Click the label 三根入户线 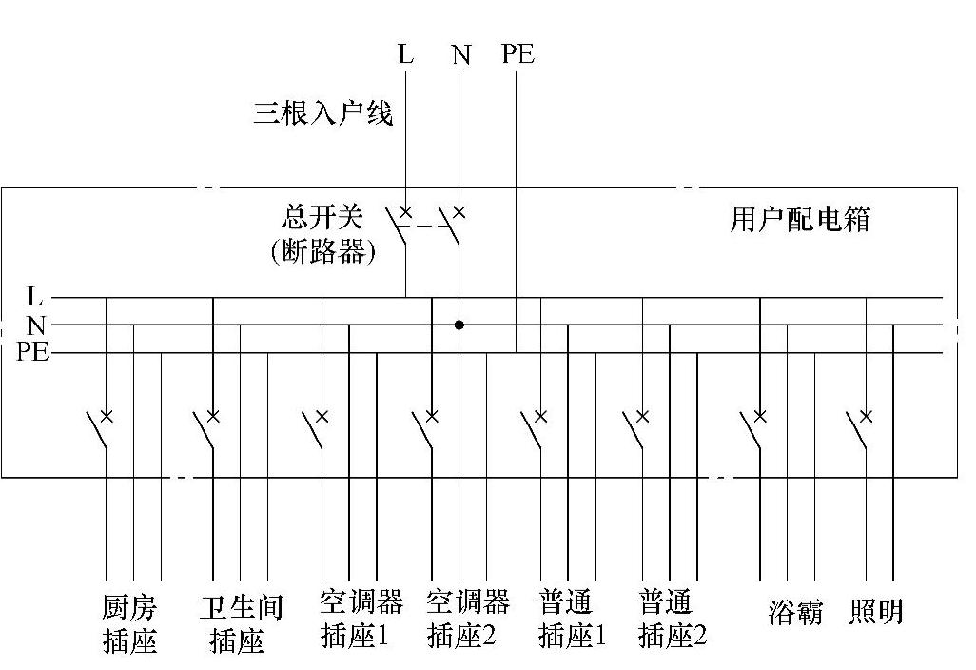(323, 114)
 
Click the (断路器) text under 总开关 (323, 252)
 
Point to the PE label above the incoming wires (517, 54)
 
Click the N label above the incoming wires (461, 55)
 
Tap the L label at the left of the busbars (35, 297)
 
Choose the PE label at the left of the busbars (32, 353)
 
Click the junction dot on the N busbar (459, 325)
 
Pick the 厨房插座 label (129, 623)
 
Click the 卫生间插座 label (237, 623)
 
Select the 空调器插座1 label (361, 619)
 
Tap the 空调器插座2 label (467, 619)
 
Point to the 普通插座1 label (572, 619)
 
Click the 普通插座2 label (673, 619)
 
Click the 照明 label (875, 612)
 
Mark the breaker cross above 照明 (867, 416)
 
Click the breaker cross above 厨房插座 (107, 416)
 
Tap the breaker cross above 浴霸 (760, 416)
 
